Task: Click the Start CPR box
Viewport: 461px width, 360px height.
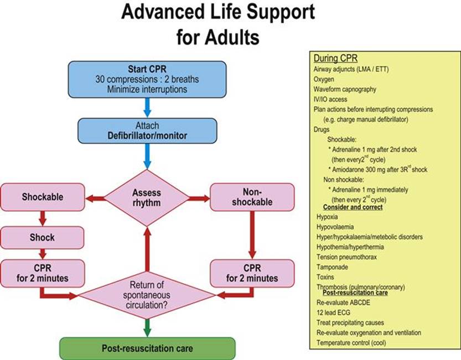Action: (147, 79)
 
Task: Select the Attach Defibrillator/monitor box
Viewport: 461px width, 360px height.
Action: (147, 131)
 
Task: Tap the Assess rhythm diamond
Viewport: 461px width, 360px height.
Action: (147, 198)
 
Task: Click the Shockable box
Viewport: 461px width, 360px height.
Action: (43, 197)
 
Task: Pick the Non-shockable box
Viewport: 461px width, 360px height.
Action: (252, 197)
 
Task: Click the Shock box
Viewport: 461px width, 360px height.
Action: (42, 237)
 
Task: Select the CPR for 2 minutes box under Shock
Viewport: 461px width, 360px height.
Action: (43, 273)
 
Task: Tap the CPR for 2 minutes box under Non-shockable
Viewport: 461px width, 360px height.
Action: (252, 273)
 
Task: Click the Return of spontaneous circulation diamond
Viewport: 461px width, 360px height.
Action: (147, 295)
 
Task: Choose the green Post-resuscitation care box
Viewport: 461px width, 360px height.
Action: (147, 348)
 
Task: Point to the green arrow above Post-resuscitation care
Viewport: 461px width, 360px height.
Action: (147, 328)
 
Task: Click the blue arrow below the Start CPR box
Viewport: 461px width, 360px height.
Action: (147, 108)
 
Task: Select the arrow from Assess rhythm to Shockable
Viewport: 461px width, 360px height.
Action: (95, 199)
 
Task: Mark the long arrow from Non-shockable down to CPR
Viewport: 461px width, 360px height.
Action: (252, 235)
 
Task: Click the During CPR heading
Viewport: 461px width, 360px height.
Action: (335, 58)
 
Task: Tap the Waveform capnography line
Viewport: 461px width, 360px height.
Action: (345, 90)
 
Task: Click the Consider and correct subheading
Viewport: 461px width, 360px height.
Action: (353, 207)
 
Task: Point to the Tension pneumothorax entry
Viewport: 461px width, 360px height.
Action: (346, 257)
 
